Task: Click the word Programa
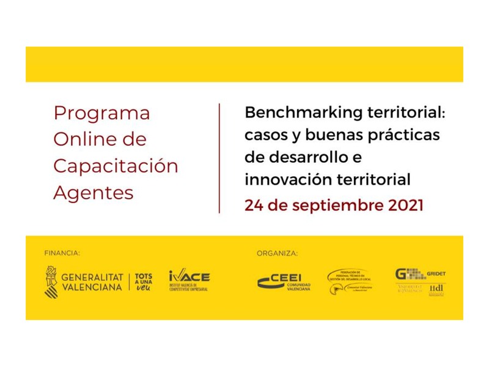pyautogui.click(x=101, y=114)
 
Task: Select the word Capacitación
pyautogui.click(x=116, y=166)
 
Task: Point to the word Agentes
pyautogui.click(x=93, y=193)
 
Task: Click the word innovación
pyautogui.click(x=287, y=179)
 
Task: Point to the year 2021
pyautogui.click(x=405, y=205)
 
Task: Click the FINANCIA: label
pyautogui.click(x=62, y=253)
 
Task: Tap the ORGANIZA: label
pyautogui.click(x=277, y=253)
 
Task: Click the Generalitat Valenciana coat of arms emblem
pyautogui.click(x=51, y=281)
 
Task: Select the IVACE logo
pyautogui.click(x=189, y=281)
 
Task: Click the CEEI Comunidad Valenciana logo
pyautogui.click(x=284, y=281)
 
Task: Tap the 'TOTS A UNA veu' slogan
pyautogui.click(x=144, y=282)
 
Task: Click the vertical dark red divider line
pyautogui.click(x=219, y=158)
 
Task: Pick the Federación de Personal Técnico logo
pyautogui.click(x=350, y=281)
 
